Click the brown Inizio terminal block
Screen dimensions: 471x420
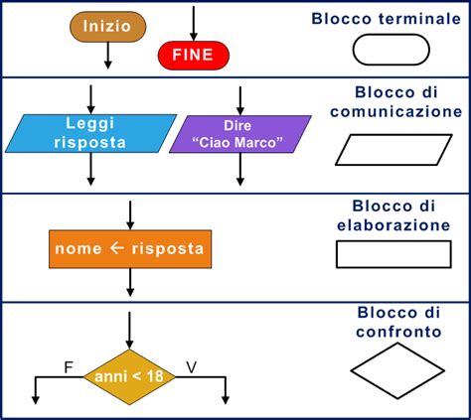tap(107, 27)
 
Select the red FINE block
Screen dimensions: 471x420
tap(194, 55)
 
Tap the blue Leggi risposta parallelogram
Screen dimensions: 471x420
tap(90, 133)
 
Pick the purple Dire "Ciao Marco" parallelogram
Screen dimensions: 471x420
tap(240, 134)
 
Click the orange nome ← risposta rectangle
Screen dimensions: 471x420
tap(130, 249)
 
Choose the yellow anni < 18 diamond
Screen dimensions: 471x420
tap(129, 377)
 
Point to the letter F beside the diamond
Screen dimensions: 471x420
tap(69, 367)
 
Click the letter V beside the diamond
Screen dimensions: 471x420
tap(192, 367)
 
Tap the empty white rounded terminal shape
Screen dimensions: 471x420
tap(391, 35)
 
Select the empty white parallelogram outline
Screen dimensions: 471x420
tap(393, 135)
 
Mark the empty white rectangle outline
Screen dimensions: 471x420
tap(393, 241)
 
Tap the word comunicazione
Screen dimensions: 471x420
tap(396, 111)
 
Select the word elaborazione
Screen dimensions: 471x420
tap(393, 225)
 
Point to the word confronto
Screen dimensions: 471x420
tap(398, 332)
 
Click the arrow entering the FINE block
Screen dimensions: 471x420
tap(194, 23)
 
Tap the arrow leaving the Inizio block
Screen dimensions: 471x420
tap(107, 56)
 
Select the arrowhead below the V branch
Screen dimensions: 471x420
tap(226, 400)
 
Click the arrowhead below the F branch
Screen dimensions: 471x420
tap(36, 400)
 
